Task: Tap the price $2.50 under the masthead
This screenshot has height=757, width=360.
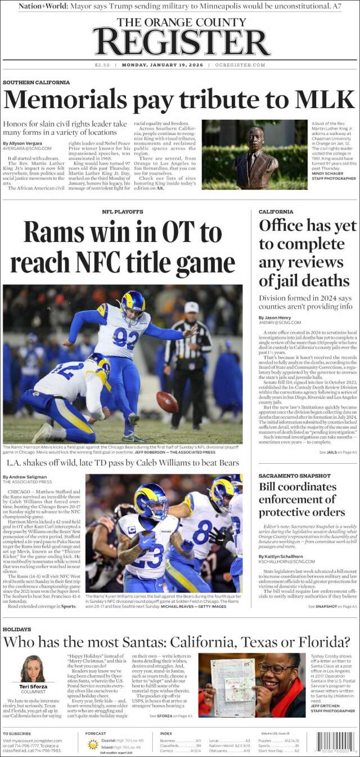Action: (102, 65)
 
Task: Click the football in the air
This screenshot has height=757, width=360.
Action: (167, 401)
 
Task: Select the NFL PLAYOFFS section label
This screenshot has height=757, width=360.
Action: (122, 212)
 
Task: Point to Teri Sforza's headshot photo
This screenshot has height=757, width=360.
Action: (33, 669)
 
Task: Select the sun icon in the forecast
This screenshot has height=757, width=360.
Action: (93, 744)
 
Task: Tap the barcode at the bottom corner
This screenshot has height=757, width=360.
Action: (336, 742)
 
